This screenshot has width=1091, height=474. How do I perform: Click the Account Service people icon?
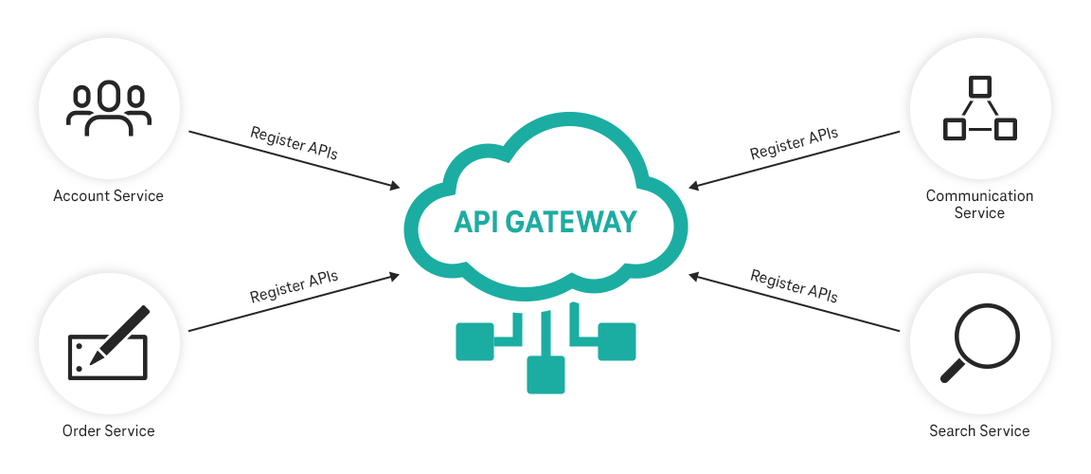pyautogui.click(x=108, y=107)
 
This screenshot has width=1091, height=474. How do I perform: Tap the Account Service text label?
pyautogui.click(x=108, y=196)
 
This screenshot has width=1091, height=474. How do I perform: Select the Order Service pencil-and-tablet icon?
pyautogui.click(x=108, y=343)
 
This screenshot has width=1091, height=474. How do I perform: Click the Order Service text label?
pyautogui.click(x=108, y=431)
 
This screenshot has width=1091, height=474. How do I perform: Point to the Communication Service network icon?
pyautogui.click(x=979, y=108)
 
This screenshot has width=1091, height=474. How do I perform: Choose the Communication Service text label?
pyautogui.click(x=979, y=205)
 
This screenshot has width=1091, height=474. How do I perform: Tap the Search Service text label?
pyautogui.click(x=979, y=431)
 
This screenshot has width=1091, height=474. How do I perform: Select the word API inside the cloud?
pyautogui.click(x=478, y=222)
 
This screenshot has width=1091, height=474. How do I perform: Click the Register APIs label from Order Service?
pyautogui.click(x=294, y=287)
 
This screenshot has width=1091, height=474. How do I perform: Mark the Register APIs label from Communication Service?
pyautogui.click(x=794, y=143)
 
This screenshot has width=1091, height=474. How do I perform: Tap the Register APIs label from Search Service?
pyautogui.click(x=794, y=285)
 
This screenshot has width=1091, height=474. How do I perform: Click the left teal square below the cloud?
pyautogui.click(x=474, y=341)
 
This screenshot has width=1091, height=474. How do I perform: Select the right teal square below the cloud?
pyautogui.click(x=617, y=341)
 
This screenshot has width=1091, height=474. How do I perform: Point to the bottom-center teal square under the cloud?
pyautogui.click(x=545, y=374)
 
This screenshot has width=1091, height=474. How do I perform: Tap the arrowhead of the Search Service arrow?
pyautogui.click(x=695, y=276)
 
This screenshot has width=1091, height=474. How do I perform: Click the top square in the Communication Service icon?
pyautogui.click(x=980, y=86)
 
